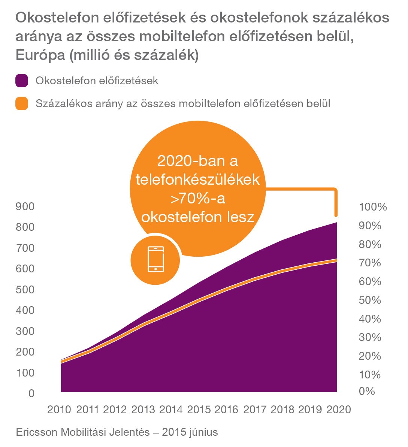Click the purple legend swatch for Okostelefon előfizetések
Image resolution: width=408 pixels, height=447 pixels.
(x=22, y=81)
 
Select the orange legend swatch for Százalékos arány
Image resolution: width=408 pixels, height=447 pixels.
(x=22, y=103)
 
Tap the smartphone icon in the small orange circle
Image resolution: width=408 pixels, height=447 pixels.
(x=155, y=259)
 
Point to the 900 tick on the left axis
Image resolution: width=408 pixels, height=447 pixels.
(x=25, y=206)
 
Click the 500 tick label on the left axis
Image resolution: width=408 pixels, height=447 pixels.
(x=25, y=290)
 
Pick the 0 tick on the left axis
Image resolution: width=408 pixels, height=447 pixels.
(x=31, y=393)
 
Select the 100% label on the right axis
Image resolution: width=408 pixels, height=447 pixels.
(x=373, y=207)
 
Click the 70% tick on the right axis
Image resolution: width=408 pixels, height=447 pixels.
(x=370, y=263)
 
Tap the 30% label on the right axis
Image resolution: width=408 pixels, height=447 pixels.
(x=370, y=337)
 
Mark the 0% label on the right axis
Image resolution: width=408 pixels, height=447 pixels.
(x=367, y=391)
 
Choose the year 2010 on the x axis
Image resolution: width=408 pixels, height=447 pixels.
(x=59, y=410)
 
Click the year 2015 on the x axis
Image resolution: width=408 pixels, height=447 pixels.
(x=199, y=410)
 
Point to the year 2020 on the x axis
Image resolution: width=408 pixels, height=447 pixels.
(x=339, y=410)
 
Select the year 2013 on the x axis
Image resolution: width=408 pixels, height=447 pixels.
(x=143, y=410)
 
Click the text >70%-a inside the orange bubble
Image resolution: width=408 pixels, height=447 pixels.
(x=198, y=199)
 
